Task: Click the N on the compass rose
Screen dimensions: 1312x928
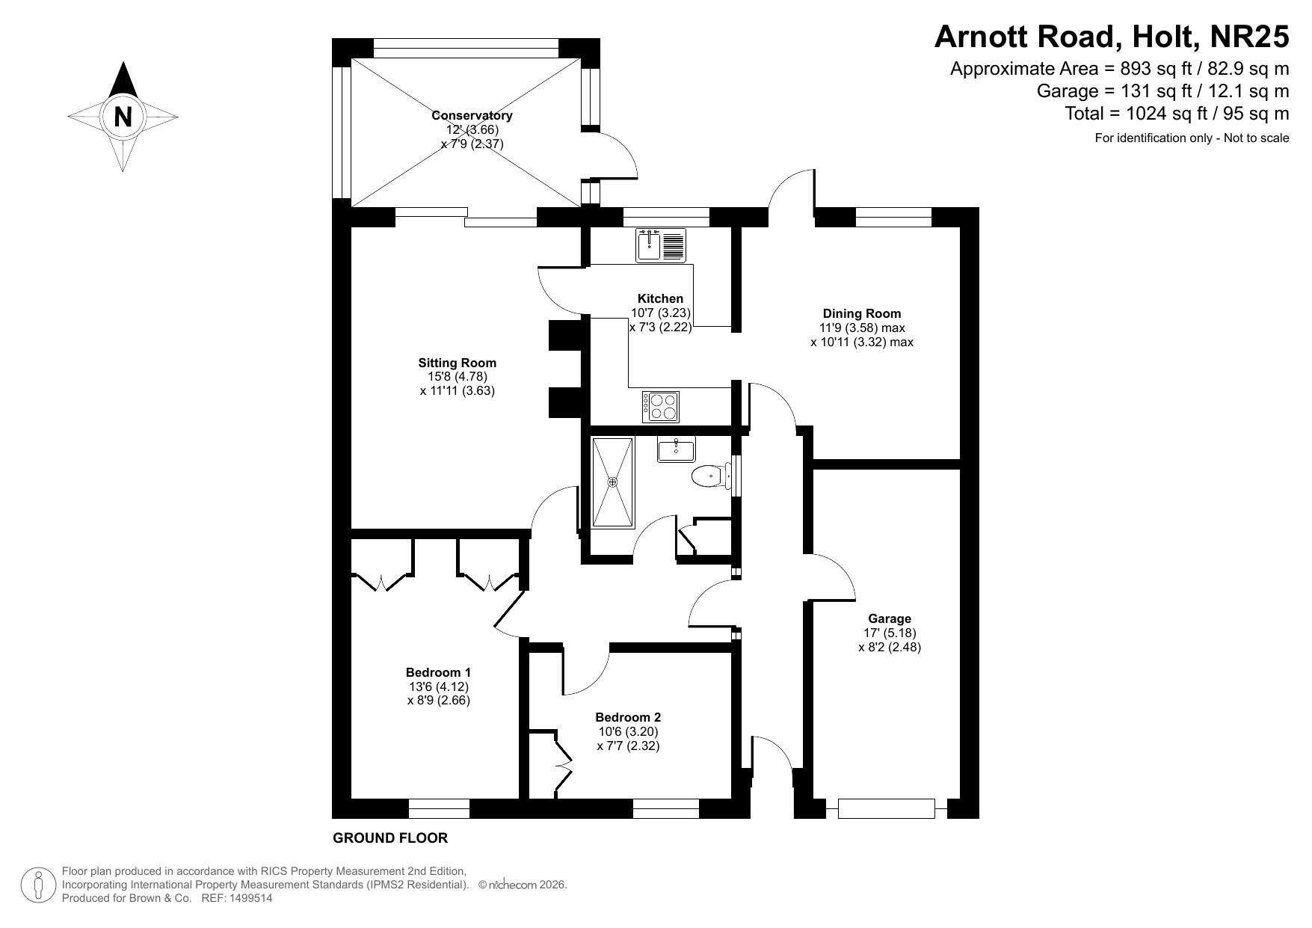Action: coord(123,117)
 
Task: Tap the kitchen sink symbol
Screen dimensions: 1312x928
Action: coord(661,245)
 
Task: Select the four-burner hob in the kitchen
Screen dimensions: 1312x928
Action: coord(661,407)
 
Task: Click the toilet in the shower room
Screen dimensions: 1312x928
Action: coord(708,476)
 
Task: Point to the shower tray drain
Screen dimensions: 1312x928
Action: coord(613,482)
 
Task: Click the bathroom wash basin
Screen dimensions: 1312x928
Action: coord(677,449)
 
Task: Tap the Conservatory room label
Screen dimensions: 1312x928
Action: coord(472,115)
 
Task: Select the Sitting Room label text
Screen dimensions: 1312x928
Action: coord(457,363)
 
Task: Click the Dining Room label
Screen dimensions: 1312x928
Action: coord(862,313)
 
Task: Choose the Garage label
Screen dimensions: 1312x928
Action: coord(890,618)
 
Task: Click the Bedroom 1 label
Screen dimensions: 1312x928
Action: coord(439,672)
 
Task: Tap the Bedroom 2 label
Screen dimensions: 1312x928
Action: coord(628,717)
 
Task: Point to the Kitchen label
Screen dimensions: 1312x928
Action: coord(660,298)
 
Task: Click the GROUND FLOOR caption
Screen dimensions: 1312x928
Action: coord(390,838)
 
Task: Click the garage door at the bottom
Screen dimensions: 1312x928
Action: coord(887,808)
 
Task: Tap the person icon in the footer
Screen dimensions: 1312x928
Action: coord(38,885)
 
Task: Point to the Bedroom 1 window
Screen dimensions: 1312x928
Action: coord(440,808)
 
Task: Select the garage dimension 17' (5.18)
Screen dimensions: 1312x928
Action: coord(890,633)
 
